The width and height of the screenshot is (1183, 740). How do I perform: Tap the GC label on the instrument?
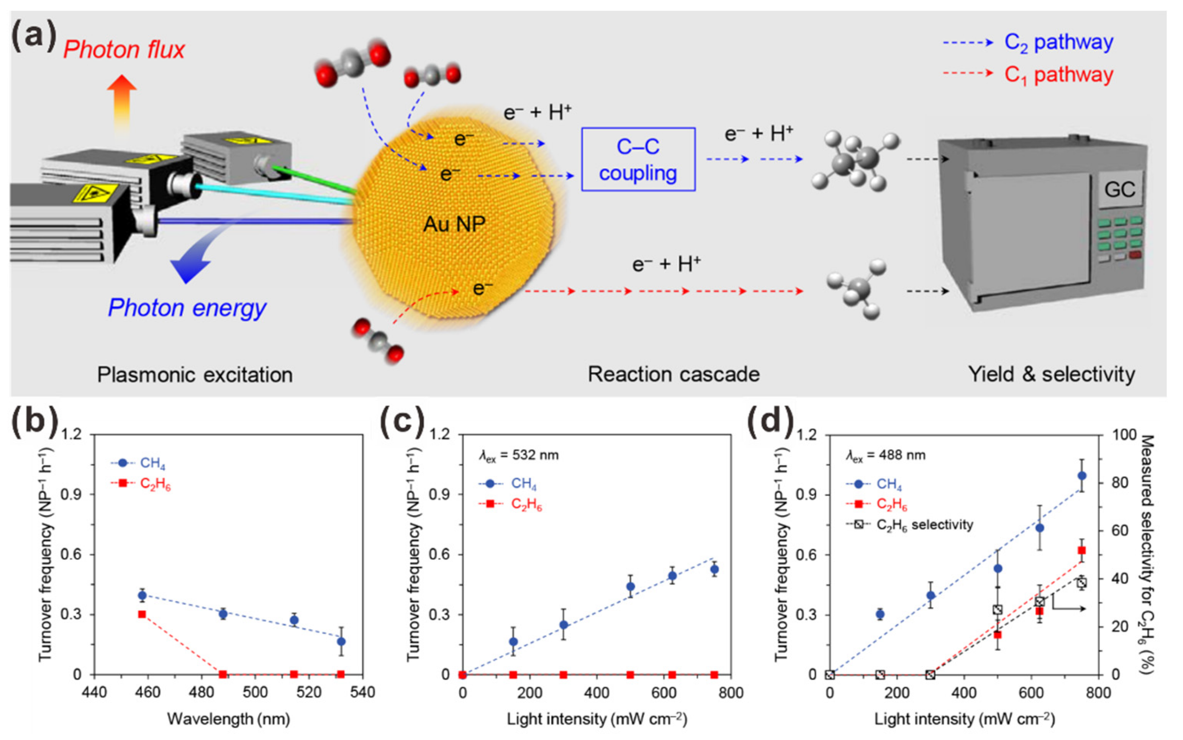coord(1120,189)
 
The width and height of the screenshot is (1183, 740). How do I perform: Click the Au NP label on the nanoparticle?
coord(454,224)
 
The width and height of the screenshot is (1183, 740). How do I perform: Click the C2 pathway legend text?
coord(1058,43)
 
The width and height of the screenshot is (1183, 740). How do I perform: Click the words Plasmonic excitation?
coord(195,375)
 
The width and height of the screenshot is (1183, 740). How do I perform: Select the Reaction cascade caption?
coord(673,375)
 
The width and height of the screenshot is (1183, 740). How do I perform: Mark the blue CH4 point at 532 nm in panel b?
coord(341,641)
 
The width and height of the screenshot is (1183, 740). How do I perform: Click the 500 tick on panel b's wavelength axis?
coord(255,693)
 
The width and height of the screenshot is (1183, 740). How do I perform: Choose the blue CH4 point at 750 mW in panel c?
coord(714,569)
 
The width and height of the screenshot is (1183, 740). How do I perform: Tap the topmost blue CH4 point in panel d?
coord(1082,476)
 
